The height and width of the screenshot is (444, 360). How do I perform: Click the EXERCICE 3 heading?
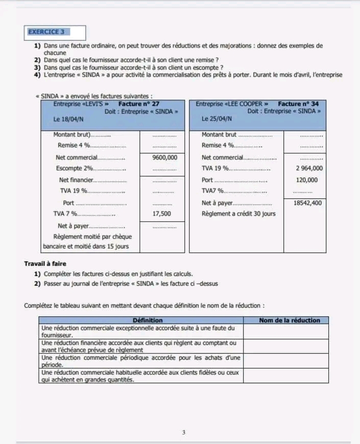click(x=46, y=32)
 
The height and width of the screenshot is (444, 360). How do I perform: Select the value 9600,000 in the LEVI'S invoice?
click(x=165, y=158)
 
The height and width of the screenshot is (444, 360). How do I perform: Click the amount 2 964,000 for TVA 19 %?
click(x=309, y=168)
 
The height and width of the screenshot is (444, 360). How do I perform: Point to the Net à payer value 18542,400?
click(x=307, y=203)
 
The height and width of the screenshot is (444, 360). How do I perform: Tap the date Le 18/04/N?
click(x=68, y=119)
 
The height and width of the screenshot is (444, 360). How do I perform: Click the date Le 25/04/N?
click(x=217, y=119)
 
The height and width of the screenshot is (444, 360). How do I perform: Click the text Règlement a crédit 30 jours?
click(x=238, y=214)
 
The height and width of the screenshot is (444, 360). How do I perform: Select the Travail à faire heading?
click(x=45, y=264)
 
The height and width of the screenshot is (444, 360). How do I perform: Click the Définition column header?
click(x=140, y=320)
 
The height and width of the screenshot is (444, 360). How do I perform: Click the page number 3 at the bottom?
click(x=183, y=433)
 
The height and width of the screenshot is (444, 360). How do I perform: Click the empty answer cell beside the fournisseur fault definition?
click(x=285, y=332)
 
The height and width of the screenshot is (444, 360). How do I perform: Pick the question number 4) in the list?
click(x=37, y=75)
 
